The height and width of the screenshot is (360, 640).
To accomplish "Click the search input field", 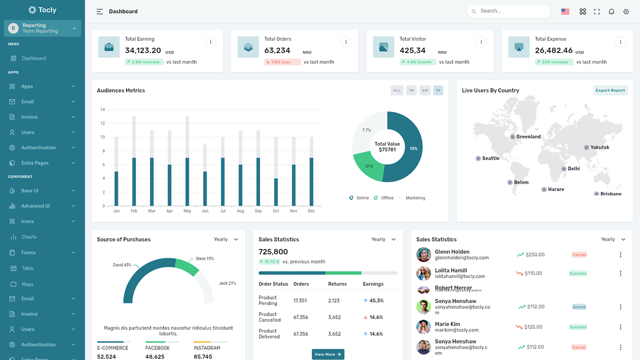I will click(512, 11).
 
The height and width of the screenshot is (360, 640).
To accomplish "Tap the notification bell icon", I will click(611, 11).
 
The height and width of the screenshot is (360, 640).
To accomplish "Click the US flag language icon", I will click(565, 11).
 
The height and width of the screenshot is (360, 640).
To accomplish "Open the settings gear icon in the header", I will click(626, 11).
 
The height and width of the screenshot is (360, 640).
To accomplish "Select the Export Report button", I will click(610, 90).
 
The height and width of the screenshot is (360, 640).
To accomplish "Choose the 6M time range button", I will click(425, 90).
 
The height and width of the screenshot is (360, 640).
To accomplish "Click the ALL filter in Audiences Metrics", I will click(397, 90).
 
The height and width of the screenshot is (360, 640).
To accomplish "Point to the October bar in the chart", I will click(276, 192).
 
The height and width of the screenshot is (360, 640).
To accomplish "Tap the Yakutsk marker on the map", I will click(586, 147).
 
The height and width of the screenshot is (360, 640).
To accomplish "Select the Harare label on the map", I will click(555, 189).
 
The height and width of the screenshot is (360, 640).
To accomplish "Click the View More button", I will click(328, 354).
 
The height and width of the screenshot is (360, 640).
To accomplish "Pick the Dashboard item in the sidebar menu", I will click(33, 58).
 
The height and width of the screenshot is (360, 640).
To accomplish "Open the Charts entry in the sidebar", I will click(29, 237).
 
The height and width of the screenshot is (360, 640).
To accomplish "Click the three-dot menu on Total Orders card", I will click(345, 42).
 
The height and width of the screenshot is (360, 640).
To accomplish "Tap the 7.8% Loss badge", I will click(282, 62).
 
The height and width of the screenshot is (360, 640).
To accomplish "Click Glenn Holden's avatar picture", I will click(423, 254).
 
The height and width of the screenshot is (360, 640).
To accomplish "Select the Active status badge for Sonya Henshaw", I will click(579, 307).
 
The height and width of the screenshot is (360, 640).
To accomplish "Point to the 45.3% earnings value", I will click(376, 301).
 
